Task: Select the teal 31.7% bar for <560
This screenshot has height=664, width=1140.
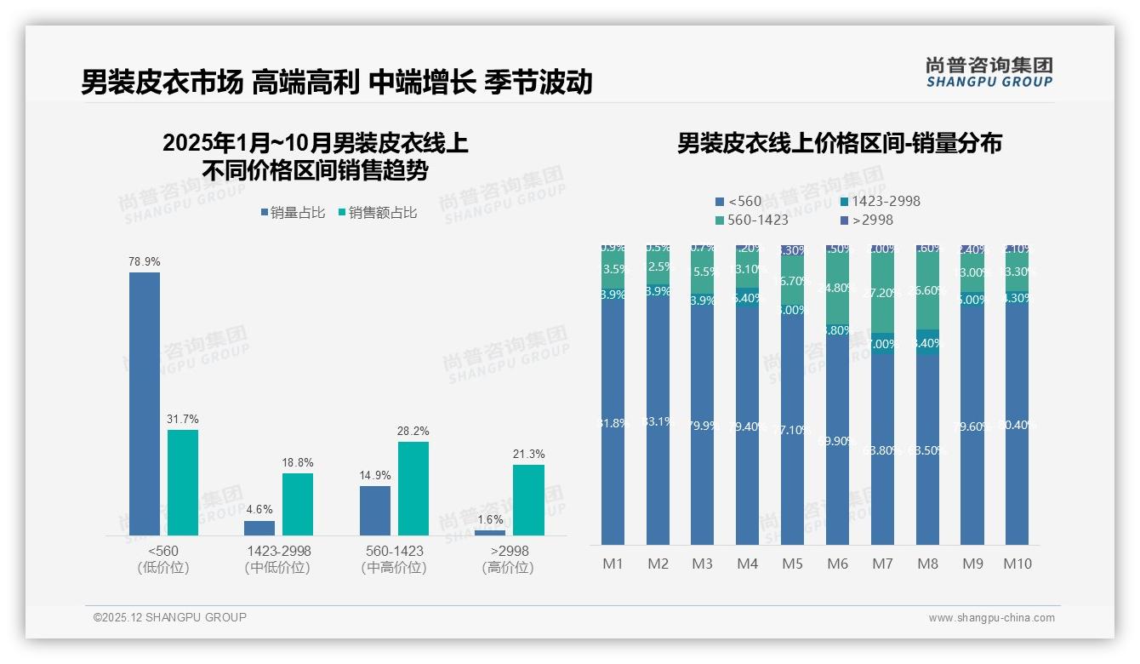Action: (x=183, y=482)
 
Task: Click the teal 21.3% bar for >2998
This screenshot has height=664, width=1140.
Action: (x=528, y=500)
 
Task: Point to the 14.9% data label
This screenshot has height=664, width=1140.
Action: (x=375, y=475)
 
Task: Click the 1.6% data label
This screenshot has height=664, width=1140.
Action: (x=490, y=519)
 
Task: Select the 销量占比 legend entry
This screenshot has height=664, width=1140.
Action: (x=293, y=213)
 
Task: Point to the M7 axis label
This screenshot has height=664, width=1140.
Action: (x=882, y=564)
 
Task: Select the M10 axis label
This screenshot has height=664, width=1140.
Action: (x=1017, y=564)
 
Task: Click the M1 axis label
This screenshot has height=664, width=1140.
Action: (x=613, y=564)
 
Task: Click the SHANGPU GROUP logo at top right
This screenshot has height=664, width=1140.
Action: (x=989, y=72)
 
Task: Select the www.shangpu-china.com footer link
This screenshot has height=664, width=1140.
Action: (x=991, y=618)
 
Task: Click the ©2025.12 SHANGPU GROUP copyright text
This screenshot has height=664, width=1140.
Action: (x=170, y=617)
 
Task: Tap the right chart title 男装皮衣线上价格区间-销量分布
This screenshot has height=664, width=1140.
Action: (x=839, y=143)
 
